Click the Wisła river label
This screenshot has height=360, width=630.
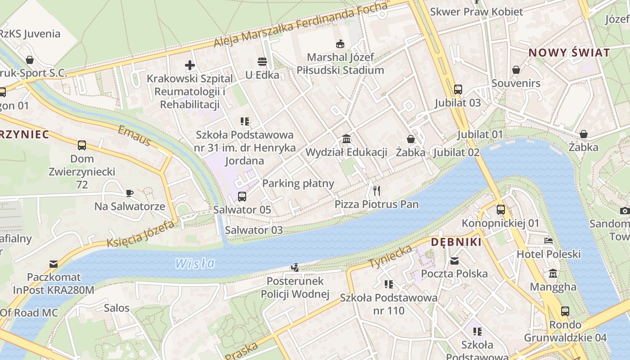click(x=195, y=263)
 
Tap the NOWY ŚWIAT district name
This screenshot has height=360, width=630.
click(x=569, y=53)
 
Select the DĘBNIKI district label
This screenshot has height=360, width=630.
click(x=456, y=242)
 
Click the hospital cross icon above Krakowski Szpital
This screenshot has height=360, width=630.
click(x=190, y=65)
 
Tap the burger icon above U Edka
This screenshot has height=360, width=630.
click(x=262, y=61)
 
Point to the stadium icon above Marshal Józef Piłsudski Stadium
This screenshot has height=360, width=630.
click(x=340, y=44)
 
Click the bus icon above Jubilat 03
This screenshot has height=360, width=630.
click(x=458, y=89)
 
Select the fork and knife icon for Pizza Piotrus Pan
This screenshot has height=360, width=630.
click(x=377, y=191)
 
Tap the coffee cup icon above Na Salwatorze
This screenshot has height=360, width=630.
click(x=130, y=193)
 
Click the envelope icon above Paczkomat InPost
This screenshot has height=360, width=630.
click(x=54, y=264)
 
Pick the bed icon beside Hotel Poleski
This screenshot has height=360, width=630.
click(x=548, y=241)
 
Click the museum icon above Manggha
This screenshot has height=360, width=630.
click(x=553, y=273)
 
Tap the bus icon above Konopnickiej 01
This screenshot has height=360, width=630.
click(x=500, y=209)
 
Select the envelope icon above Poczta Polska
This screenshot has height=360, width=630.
click(x=454, y=261)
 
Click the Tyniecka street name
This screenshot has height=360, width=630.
click(x=390, y=256)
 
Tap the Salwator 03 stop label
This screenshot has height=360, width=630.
click(x=254, y=230)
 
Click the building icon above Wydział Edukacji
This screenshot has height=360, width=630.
click(x=346, y=139)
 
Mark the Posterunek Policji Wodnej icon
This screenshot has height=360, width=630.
click(x=295, y=268)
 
